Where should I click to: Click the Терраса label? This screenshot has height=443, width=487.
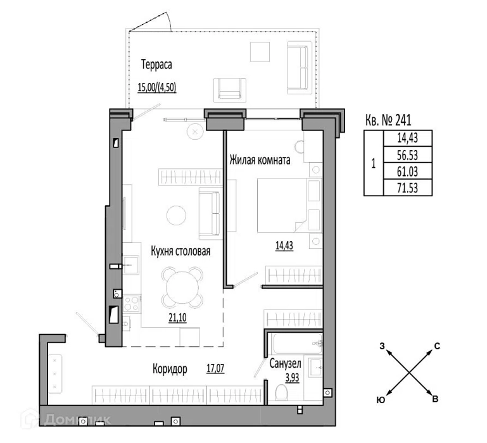click(x=156, y=65)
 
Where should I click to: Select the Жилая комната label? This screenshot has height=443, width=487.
click(x=260, y=160)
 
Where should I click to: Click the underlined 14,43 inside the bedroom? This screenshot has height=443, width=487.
click(x=284, y=246)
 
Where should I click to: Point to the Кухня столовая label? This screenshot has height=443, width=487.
click(x=180, y=251)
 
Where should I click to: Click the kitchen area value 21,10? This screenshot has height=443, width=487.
click(x=178, y=318)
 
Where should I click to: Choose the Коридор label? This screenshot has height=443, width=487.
click(x=170, y=369)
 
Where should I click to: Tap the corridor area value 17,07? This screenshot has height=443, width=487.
click(x=215, y=368)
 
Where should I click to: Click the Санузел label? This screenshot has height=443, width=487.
click(x=285, y=363)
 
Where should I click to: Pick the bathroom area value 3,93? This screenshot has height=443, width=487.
click(x=292, y=377)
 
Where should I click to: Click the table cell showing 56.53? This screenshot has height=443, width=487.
click(x=408, y=154)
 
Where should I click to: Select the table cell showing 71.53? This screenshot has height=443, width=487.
click(x=408, y=188)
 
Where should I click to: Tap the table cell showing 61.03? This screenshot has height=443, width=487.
click(x=408, y=171)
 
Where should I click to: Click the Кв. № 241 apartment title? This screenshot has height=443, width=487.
click(x=388, y=120)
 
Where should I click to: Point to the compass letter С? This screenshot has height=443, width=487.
click(x=437, y=346)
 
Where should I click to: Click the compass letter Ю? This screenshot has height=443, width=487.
click(x=381, y=400)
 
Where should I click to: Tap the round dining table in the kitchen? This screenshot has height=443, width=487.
click(x=182, y=287)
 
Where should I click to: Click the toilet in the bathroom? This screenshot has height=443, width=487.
click(x=281, y=392)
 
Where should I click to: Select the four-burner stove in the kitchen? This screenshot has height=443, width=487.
click(x=132, y=304)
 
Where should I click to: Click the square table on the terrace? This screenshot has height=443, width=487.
click(x=260, y=51)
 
